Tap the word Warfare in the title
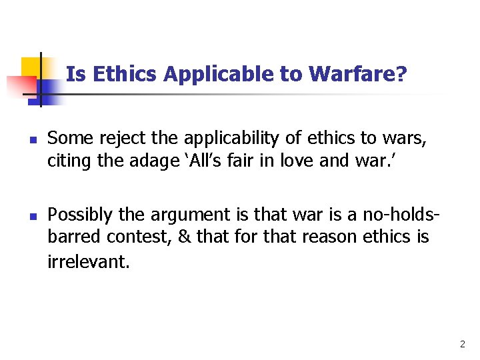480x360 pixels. coord(352,74)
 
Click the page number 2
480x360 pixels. coord(462,345)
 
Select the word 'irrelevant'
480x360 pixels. coord(87,261)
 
